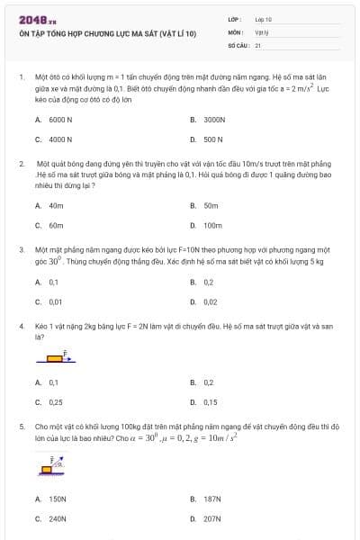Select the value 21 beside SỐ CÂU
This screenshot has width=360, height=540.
coord(258,44)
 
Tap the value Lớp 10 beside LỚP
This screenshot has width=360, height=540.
coord(263,19)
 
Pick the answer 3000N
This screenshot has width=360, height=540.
coord(214,119)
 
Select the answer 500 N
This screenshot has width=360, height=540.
coord(213,139)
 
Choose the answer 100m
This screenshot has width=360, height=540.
coord(212,225)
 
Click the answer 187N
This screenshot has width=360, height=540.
coord(212,498)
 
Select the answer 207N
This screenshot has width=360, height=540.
coord(212,518)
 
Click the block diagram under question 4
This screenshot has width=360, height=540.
coord(57,357)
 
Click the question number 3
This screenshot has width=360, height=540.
coord(22,247)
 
